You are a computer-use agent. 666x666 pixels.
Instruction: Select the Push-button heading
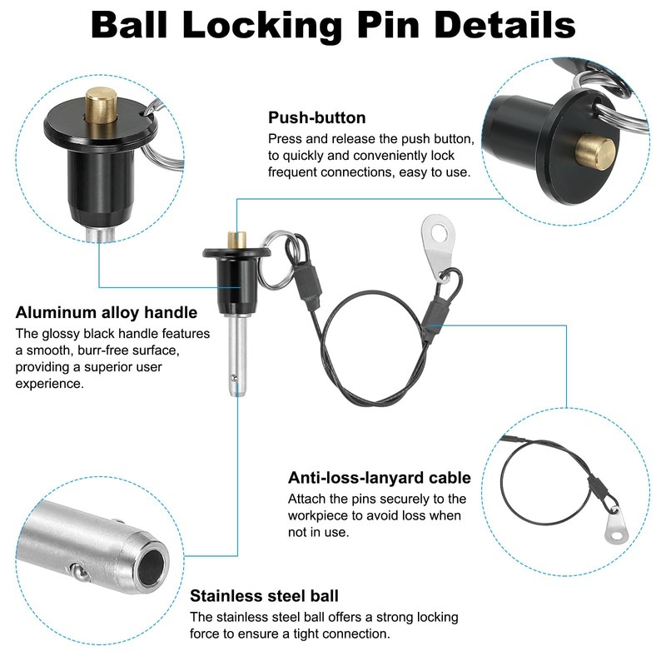316,117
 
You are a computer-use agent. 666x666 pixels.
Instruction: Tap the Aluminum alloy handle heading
107,313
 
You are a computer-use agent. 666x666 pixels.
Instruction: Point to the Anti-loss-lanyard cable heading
380,478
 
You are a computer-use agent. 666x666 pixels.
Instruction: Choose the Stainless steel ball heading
264,596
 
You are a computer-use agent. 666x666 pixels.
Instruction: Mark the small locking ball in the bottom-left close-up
77,572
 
